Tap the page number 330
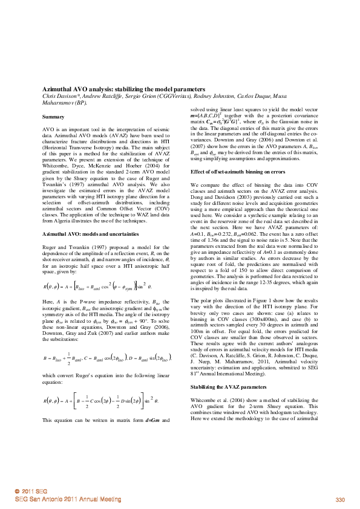click(339, 499)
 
